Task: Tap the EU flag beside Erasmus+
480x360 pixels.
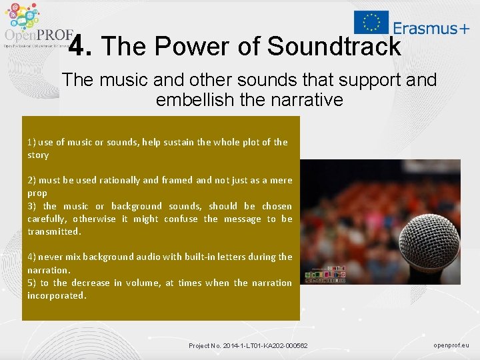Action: [371, 22]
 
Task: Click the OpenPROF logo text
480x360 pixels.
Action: [38, 35]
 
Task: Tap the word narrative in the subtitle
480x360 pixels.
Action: [303, 100]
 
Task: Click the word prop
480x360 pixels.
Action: [37, 193]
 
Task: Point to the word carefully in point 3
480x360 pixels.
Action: [47, 219]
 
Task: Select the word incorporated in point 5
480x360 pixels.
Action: [57, 295]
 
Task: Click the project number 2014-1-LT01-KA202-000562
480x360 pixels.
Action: [248, 345]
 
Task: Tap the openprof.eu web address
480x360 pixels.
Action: [451, 345]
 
